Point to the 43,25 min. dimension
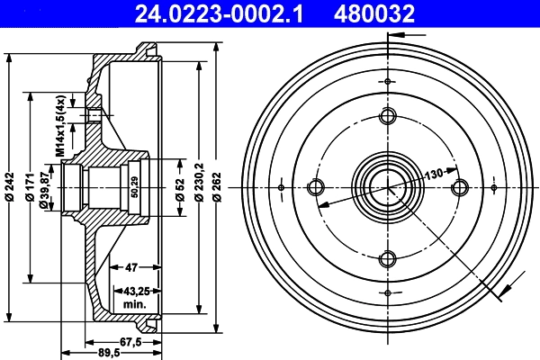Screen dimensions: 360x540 pos(134,298)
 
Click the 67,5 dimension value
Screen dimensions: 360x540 pos(132,341)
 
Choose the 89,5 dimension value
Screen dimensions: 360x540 pos(109,353)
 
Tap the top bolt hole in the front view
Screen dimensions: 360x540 pos(388,116)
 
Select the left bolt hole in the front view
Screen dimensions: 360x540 pos(316,187)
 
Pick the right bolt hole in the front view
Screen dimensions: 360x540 pos(460,187)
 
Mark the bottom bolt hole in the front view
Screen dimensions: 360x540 pos(388,259)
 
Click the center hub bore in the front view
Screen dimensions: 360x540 pos(388,187)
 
